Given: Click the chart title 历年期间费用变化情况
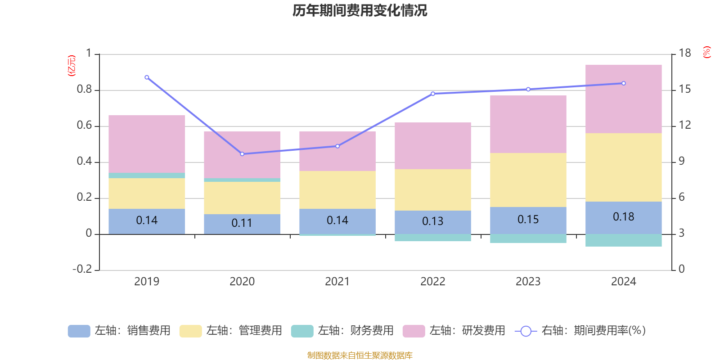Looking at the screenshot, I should coord(360,11).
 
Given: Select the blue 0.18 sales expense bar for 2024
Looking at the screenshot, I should coord(623,217).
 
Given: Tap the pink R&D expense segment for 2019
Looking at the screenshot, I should coord(147,144).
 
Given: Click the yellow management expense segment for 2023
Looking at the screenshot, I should coord(528,180).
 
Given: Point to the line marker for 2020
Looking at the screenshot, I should coord(242,154).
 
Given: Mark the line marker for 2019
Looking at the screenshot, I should coord(147,77).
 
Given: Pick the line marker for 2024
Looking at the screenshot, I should coord(623,83).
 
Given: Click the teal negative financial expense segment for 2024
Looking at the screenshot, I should coord(623,240).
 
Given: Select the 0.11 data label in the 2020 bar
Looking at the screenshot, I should coord(242,223).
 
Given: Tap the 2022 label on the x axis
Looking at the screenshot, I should coord(432,282).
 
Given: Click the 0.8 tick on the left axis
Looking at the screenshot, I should coord(84,90).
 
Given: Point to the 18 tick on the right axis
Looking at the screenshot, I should coord(684,53).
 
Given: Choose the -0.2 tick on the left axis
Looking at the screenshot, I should coord(82,269).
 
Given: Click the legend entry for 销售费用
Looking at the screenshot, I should coord(119,331).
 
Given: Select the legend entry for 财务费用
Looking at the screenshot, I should coord(342,331).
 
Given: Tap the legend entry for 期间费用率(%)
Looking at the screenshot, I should coord(580,331).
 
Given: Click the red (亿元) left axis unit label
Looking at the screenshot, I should coord(71,66).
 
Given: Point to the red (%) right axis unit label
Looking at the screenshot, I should coord(707,52).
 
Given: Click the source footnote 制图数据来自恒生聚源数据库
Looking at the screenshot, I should coord(360,355).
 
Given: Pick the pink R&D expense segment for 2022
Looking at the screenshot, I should coord(432,145).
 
